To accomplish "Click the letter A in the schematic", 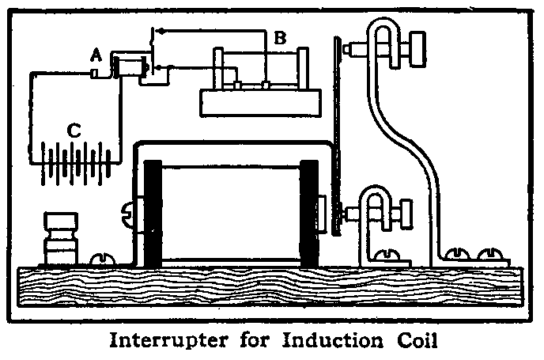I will tap(96, 55).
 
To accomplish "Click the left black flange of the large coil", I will tap(152, 212).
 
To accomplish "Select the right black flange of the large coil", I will tap(309, 212).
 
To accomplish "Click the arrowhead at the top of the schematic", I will tap(156, 32).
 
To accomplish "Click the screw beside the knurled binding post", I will tap(100, 259).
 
